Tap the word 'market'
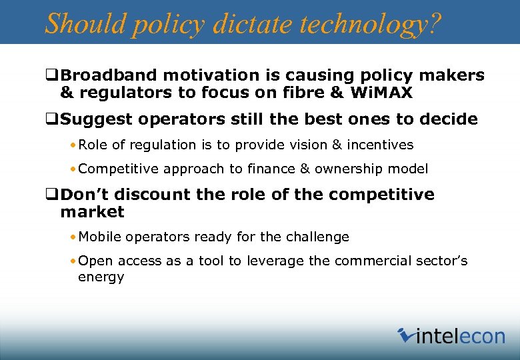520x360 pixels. [x=92, y=212]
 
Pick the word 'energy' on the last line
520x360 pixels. [x=101, y=277]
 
